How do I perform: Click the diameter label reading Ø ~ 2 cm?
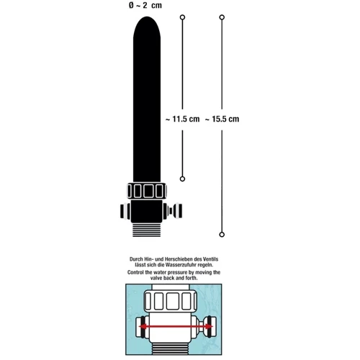point(145,5)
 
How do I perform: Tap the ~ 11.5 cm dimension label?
point(183,119)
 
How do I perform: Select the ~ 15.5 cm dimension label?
point(222,119)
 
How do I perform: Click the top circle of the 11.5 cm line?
point(182,17)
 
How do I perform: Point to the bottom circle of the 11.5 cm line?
point(182,179)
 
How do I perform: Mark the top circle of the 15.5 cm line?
point(222,17)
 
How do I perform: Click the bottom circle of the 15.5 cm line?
point(222,235)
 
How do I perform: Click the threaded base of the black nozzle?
point(147,230)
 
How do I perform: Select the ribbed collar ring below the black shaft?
point(147,191)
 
